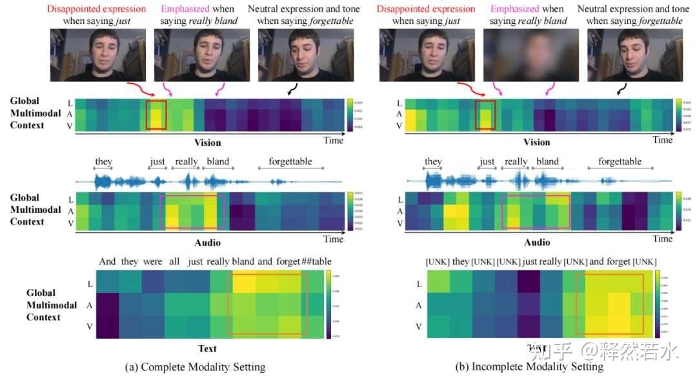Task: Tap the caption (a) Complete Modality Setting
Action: click(196, 367)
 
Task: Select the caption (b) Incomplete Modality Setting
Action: click(529, 366)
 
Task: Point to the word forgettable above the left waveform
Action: click(290, 161)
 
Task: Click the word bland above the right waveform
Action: click(547, 161)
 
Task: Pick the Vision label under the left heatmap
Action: click(208, 143)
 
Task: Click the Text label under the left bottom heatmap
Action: click(207, 348)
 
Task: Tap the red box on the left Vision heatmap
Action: click(156, 115)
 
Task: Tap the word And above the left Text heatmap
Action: click(108, 262)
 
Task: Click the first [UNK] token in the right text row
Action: click(437, 262)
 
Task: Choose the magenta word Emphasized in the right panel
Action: click(515, 9)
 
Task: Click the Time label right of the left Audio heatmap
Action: click(334, 239)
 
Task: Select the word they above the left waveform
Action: click(104, 161)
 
